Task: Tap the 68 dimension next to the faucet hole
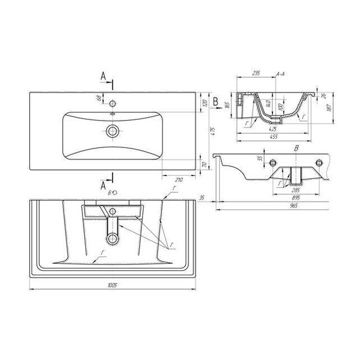pos(99,99)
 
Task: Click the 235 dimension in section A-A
pos(256,73)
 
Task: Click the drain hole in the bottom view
pos(114,238)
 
